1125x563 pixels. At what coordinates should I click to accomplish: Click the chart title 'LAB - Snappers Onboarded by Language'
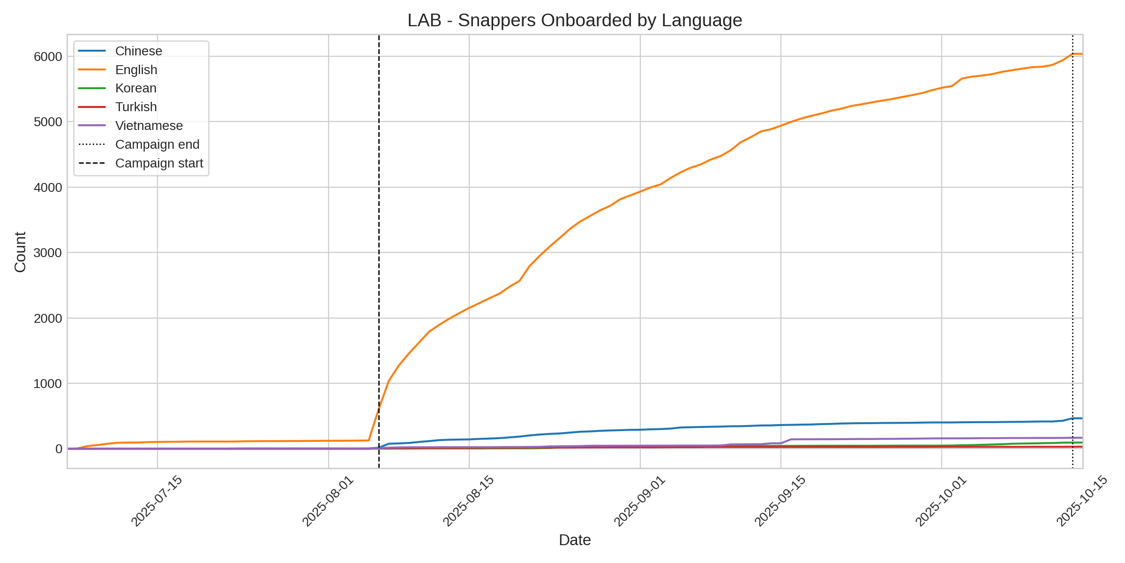tap(575, 21)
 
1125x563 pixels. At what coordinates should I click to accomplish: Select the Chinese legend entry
tap(138, 51)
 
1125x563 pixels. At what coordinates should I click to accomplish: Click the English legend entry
tap(136, 70)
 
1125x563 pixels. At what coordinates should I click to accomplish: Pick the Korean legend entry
tap(135, 88)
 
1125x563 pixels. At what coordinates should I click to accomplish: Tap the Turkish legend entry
tap(136, 107)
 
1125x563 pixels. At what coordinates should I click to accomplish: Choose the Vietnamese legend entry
tap(149, 126)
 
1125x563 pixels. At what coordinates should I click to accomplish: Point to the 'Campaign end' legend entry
tap(157, 145)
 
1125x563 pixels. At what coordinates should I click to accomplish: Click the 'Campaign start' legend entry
tap(159, 163)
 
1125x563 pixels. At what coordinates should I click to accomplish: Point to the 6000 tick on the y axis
tap(48, 57)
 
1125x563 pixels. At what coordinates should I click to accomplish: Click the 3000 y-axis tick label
tap(48, 253)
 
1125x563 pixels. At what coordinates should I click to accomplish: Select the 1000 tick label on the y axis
tap(48, 384)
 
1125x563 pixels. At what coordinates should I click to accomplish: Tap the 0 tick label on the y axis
tap(59, 449)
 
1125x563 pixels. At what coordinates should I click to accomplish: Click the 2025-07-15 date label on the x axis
tap(157, 501)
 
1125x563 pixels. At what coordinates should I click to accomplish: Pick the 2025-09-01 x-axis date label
tap(639, 501)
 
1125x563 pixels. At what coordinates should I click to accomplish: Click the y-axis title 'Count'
tap(21, 252)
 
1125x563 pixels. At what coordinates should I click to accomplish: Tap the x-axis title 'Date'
tap(575, 540)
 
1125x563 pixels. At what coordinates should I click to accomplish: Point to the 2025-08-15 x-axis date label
tap(468, 501)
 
